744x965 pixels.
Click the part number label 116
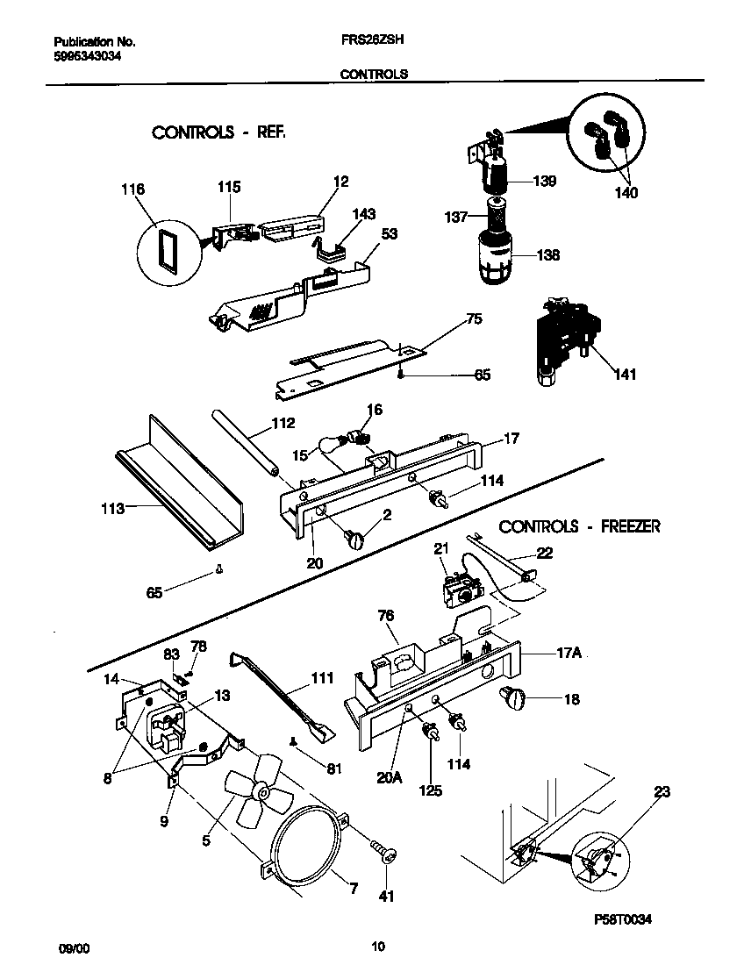(133, 189)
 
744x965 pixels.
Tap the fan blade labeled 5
(254, 794)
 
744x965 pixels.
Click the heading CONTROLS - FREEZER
(579, 526)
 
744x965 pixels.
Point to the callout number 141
(625, 375)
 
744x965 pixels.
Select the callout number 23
(662, 792)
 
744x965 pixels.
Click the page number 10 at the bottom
(377, 947)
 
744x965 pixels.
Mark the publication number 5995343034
(87, 55)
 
